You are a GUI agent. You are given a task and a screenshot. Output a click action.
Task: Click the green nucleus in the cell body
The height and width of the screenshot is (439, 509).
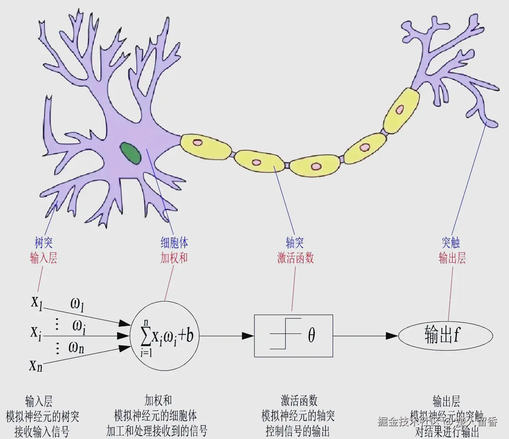pyautogui.click(x=131, y=153)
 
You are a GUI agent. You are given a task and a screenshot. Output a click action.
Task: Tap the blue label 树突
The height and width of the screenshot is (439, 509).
pyautogui.click(x=44, y=243)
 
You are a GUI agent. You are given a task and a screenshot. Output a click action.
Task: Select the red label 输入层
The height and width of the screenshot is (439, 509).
pyautogui.click(x=44, y=258)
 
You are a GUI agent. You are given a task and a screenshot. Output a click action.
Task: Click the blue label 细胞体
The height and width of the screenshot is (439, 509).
pyautogui.click(x=174, y=243)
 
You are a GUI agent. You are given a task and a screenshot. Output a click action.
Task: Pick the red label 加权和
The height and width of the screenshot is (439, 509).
pyautogui.click(x=174, y=258)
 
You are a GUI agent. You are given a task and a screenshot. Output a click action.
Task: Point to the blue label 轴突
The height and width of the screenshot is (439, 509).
pyautogui.click(x=295, y=243)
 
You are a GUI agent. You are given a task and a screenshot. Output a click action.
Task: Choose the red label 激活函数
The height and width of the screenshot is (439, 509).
pyautogui.click(x=296, y=258)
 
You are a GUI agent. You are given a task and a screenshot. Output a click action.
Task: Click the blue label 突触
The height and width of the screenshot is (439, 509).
pyautogui.click(x=451, y=243)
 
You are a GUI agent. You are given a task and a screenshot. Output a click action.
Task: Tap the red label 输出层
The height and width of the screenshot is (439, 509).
pyautogui.click(x=452, y=258)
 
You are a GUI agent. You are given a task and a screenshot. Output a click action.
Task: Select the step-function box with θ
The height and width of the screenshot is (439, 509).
pyautogui.click(x=294, y=336)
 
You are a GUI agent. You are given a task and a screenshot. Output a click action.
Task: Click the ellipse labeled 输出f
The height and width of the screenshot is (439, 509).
pyautogui.click(x=445, y=336)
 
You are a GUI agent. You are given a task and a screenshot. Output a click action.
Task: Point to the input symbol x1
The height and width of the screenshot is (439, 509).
pyautogui.click(x=37, y=302)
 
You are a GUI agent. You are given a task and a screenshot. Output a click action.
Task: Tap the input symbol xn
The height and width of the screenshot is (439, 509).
pyautogui.click(x=36, y=365)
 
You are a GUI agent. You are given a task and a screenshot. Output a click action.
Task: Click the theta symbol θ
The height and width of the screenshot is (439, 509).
pyautogui.click(x=311, y=336)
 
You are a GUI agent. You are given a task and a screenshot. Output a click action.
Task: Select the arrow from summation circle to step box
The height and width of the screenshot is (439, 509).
pyautogui.click(x=227, y=336)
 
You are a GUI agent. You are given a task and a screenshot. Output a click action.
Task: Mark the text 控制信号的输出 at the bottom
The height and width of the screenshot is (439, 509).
pyautogui.click(x=298, y=431)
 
